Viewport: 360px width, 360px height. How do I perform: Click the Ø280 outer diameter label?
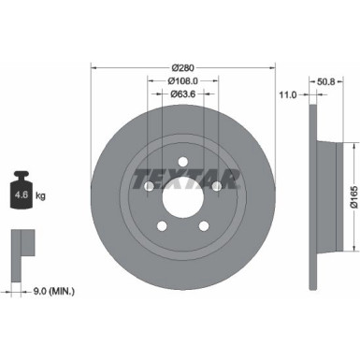tap(183, 67)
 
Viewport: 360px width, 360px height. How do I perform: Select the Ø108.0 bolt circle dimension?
tap(183, 80)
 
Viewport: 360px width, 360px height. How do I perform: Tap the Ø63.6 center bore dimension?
tap(183, 94)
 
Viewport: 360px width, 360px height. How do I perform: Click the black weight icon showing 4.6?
tap(23, 194)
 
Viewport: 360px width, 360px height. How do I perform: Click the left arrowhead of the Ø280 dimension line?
tap(94, 67)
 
